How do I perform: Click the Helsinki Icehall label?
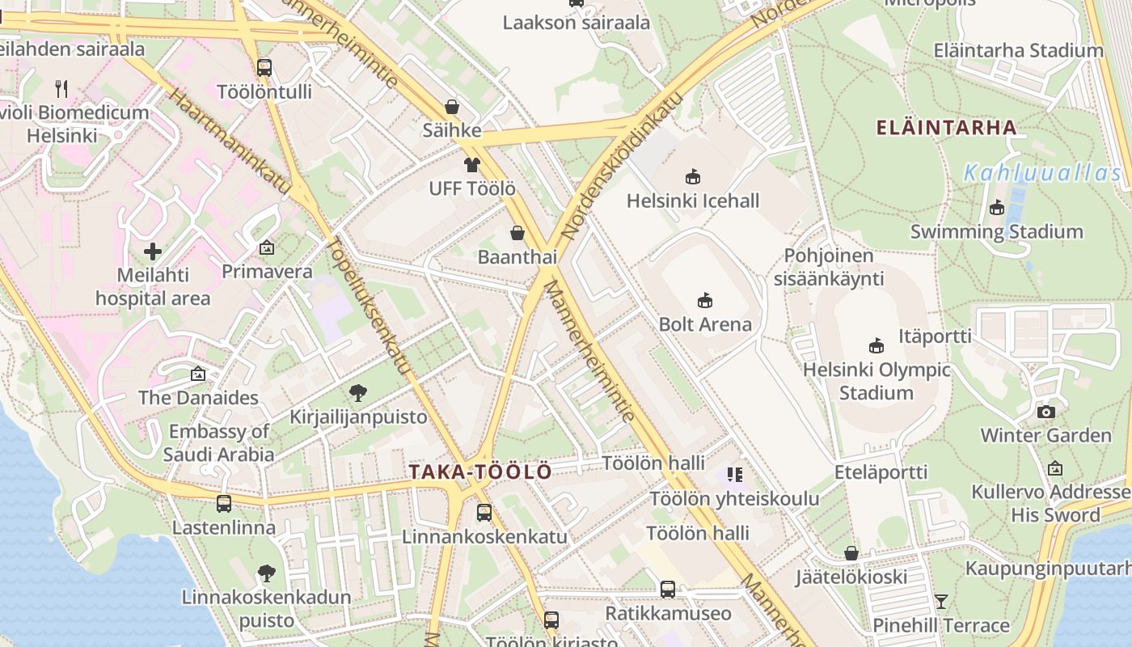pos(693,201)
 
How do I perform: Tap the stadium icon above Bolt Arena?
pos(705,301)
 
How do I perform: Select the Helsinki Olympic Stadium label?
pos(876,381)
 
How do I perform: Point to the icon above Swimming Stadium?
pos(997,208)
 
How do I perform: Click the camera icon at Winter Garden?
pos(1046,412)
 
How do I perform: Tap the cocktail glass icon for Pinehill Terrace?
pos(941,602)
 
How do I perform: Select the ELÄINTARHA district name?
pos(947,127)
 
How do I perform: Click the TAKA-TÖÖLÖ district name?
pos(480,472)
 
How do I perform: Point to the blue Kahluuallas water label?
pos(1043,173)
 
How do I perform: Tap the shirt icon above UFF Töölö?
pos(472,165)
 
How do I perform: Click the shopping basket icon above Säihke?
pos(452,107)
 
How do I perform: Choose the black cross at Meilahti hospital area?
pos(153,252)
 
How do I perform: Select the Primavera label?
pos(267,271)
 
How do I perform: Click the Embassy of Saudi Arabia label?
pos(219,443)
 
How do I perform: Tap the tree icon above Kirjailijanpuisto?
pos(358,394)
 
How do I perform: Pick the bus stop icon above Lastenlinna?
pos(224,504)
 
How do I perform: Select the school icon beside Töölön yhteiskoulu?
pos(734,475)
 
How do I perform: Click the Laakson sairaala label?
pos(576,23)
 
